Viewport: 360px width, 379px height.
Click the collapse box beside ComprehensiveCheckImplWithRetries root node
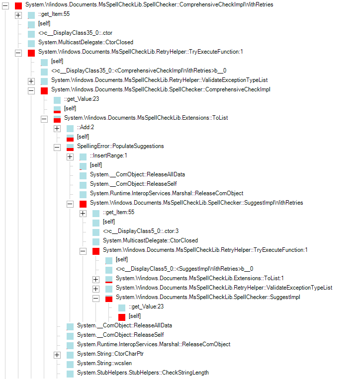(5, 4)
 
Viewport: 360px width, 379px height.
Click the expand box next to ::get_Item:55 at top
(18, 14)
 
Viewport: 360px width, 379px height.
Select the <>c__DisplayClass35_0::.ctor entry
(75, 33)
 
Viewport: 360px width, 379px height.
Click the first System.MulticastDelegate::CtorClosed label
(86, 42)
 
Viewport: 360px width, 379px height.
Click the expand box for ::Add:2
(57, 128)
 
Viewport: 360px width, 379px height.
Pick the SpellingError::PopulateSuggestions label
(120, 146)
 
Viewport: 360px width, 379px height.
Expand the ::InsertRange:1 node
(70, 156)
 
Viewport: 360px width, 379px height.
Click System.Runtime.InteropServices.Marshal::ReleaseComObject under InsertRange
(166, 193)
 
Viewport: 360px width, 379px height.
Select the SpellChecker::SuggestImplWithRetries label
(196, 203)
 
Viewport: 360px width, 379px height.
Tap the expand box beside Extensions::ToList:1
(96, 279)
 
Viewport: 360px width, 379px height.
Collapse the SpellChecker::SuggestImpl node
(96, 298)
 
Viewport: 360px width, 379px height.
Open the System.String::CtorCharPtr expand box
(57, 354)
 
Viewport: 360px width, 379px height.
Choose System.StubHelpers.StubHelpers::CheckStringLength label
(143, 373)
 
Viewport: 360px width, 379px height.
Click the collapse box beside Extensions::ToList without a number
(44, 118)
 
